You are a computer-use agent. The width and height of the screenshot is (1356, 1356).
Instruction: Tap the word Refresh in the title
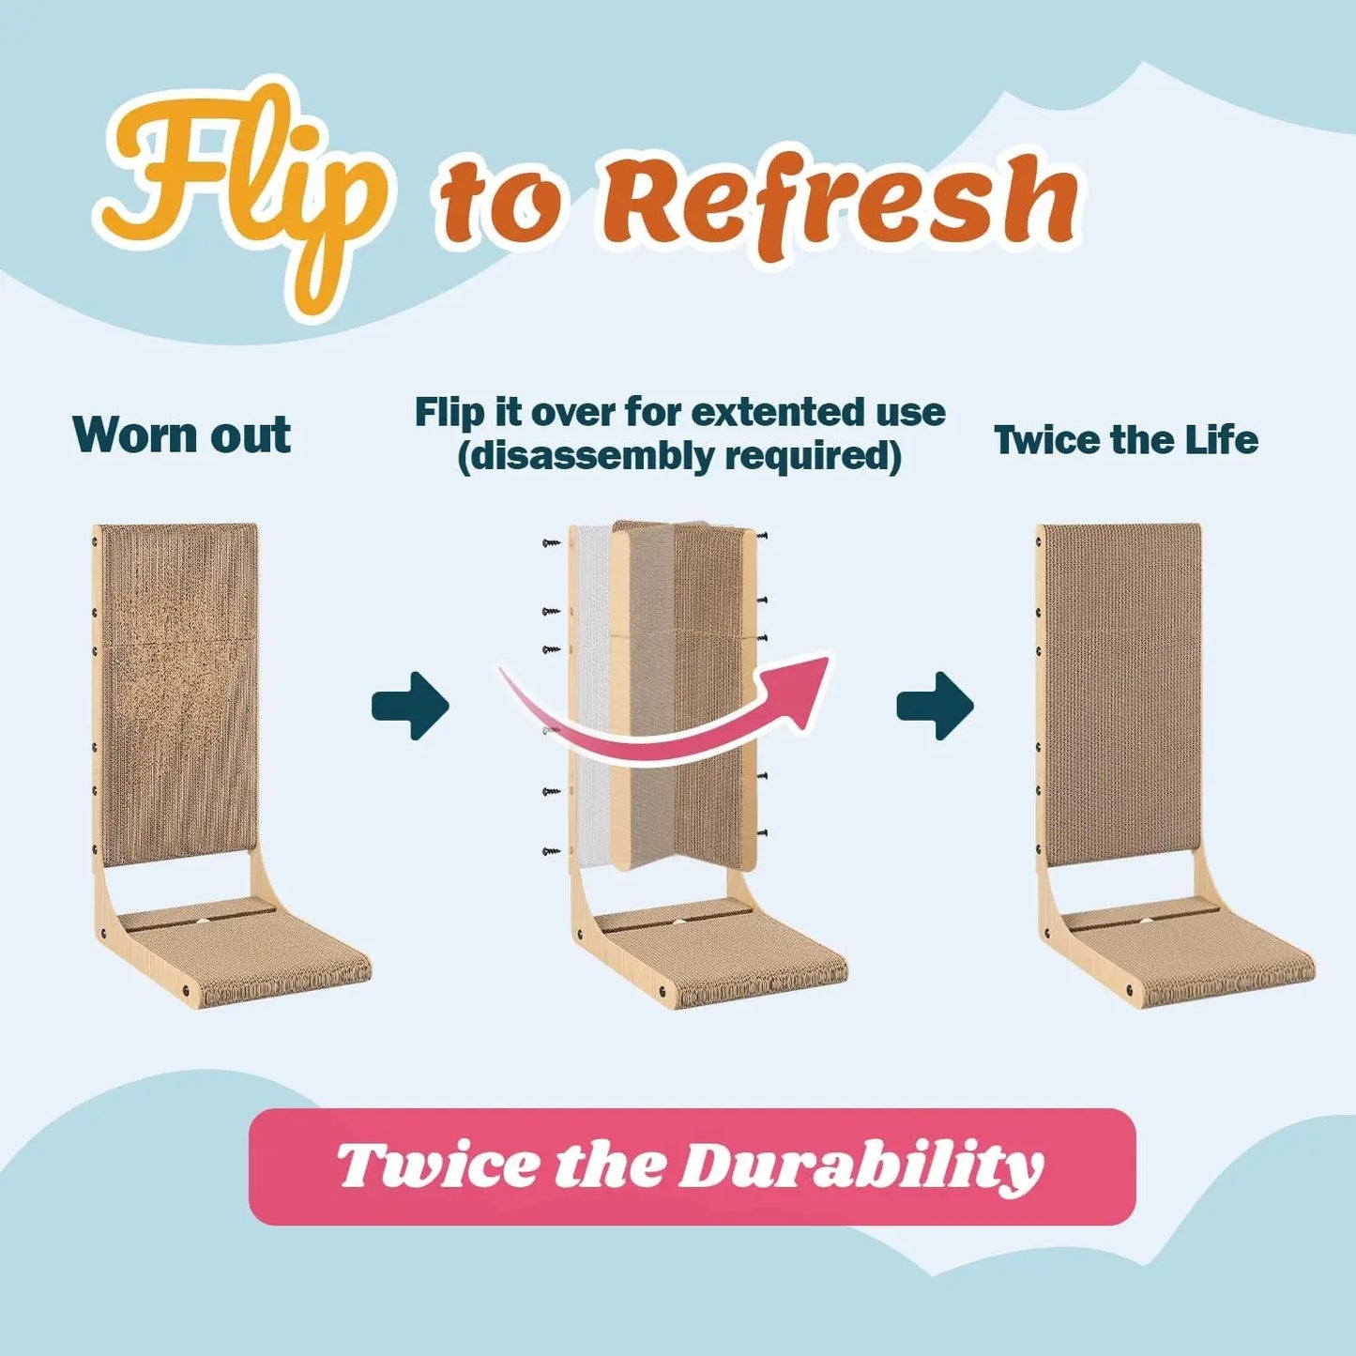pos(838,203)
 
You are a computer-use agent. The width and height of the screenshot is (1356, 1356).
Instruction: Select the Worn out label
pos(181,434)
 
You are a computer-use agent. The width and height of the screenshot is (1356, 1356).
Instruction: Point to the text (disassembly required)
pos(679,456)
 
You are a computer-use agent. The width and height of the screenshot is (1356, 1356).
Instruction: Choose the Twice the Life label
pos(1125,439)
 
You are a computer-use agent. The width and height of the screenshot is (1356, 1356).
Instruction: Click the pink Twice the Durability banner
pos(692,1166)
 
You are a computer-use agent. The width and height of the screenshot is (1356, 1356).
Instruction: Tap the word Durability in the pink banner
pos(861,1166)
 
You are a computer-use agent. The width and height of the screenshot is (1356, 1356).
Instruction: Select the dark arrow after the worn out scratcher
pos(410,706)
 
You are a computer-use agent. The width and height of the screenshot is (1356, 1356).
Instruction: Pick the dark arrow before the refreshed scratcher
pos(935,706)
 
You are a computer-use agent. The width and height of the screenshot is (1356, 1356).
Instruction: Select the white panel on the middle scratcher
pos(593,694)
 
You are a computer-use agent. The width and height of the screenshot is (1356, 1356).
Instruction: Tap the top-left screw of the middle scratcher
pos(550,542)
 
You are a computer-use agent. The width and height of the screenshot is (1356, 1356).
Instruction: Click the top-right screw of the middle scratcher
pos(763,536)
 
